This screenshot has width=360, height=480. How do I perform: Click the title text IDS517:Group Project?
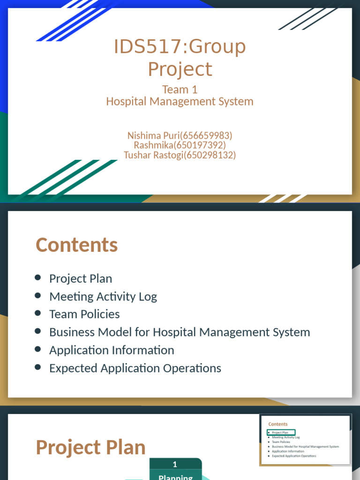(x=180, y=58)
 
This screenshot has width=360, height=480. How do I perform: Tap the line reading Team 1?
(x=180, y=89)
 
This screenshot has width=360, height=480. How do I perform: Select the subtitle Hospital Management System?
(x=180, y=101)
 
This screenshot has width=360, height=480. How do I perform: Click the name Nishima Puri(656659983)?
(x=180, y=135)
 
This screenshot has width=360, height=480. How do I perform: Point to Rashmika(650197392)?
(x=180, y=145)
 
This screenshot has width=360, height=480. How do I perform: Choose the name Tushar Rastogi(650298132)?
(x=180, y=155)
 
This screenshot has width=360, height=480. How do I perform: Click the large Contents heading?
(x=76, y=245)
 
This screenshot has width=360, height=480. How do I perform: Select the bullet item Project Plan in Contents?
(x=81, y=278)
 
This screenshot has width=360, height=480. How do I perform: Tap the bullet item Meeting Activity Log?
(x=103, y=296)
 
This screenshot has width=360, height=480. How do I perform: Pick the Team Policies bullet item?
(x=84, y=314)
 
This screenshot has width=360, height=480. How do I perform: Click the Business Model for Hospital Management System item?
(x=180, y=332)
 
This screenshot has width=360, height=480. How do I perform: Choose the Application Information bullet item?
(x=112, y=350)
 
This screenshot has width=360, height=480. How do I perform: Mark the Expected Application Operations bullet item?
(x=135, y=368)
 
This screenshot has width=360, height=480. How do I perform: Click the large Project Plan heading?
(x=90, y=447)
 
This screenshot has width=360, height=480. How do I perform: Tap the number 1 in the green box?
(x=175, y=465)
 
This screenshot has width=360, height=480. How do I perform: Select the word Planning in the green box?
(x=175, y=476)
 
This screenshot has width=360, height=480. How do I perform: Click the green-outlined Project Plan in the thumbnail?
(x=281, y=433)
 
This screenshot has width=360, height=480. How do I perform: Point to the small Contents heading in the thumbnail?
(x=278, y=424)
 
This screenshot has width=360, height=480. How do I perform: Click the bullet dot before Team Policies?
(x=38, y=314)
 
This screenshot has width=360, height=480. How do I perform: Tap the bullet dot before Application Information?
(x=38, y=350)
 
